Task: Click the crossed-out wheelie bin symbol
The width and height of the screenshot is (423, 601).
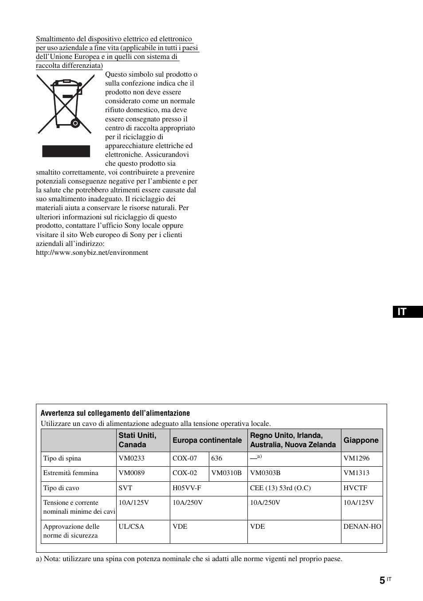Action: pos(65,104)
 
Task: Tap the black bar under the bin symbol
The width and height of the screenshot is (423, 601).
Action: pos(66,151)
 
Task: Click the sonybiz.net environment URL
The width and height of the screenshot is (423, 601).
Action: pos(92,253)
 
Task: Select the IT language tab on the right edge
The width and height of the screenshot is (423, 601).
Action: pos(407,312)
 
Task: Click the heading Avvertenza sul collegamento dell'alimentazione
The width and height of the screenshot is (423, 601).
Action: pos(115,413)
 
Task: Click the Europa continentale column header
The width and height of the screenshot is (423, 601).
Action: pos(208,440)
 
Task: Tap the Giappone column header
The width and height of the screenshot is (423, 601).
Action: pos(361,440)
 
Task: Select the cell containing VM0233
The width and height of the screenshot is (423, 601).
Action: pos(132,459)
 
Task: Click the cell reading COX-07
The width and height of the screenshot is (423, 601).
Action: pos(185,459)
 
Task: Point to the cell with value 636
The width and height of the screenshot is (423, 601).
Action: pos(217,459)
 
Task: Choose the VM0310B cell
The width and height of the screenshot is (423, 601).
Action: pos(227,473)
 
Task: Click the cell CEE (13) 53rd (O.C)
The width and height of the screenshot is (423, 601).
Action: pos(280,488)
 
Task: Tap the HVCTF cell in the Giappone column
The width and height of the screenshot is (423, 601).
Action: pos(356,488)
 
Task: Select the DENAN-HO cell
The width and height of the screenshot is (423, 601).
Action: pos(362,527)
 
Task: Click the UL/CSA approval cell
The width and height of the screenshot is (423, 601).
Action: pos(132,527)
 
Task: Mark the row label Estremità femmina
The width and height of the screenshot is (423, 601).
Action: pos(70,473)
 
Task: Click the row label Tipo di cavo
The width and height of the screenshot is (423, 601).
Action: pos(61,488)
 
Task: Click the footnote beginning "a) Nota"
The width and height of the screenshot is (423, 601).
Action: pos(189,559)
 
